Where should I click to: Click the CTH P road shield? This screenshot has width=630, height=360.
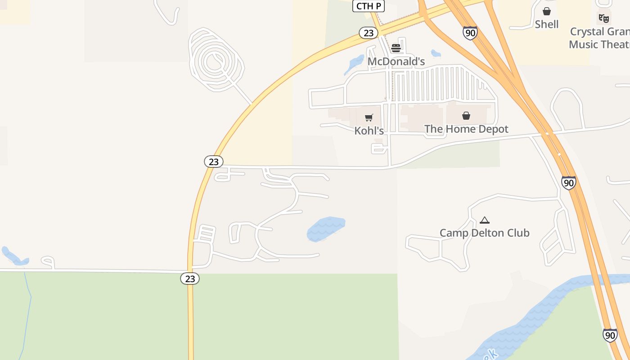pos(368,6)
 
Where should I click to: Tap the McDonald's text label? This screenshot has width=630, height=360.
pos(396,62)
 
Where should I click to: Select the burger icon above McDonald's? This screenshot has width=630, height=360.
pos(396,48)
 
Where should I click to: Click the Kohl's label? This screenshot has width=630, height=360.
pos(369,130)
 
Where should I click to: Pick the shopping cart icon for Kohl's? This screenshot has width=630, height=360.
pos(369,118)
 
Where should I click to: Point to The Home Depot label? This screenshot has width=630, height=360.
pos(466,129)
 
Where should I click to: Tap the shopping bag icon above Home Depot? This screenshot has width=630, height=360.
pos(466,116)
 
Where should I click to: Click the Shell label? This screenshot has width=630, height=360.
pos(547,24)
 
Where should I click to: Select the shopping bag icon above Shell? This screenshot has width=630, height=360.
pos(547,11)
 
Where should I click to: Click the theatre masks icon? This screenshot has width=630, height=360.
pos(604,18)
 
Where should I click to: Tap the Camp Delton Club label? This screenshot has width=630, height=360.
pos(484,233)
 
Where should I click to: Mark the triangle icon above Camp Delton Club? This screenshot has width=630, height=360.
pos(484,220)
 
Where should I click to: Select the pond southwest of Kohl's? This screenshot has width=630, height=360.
pos(325,228)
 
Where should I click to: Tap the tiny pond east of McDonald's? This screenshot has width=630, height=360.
pos(436,53)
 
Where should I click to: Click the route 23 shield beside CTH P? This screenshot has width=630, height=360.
pos(368,33)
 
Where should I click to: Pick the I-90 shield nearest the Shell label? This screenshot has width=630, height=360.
pos(470,32)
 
